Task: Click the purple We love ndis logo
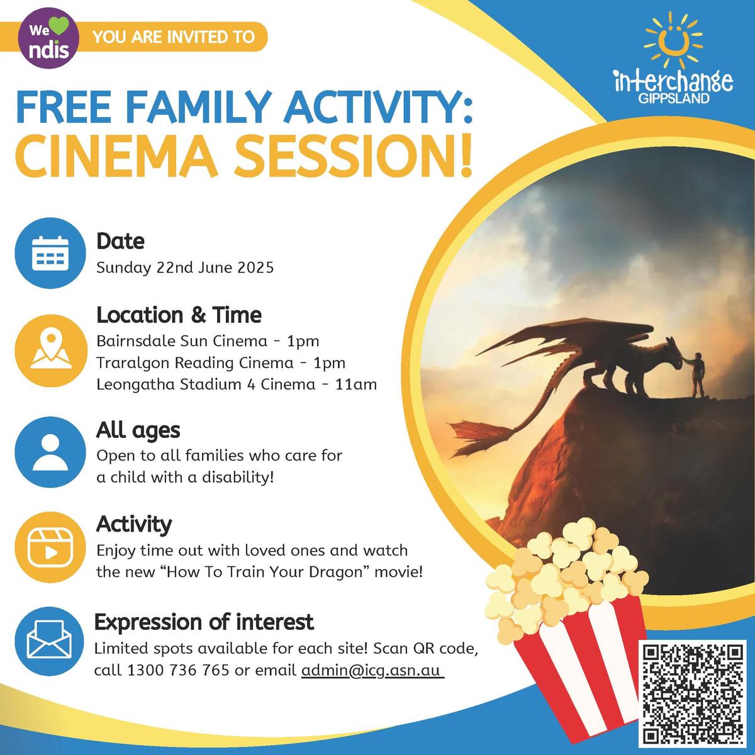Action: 48,38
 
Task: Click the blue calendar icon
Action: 50,253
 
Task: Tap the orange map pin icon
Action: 51,350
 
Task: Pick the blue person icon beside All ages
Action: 50,452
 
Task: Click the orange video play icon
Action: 50,547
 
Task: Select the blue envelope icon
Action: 49,641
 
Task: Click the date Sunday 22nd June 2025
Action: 185,268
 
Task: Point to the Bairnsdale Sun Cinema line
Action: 208,341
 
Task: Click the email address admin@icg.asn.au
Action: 372,670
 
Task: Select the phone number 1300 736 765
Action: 178,670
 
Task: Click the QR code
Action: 693,693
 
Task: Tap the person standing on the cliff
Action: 697,374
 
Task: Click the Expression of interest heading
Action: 204,622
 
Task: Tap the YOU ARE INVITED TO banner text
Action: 174,37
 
